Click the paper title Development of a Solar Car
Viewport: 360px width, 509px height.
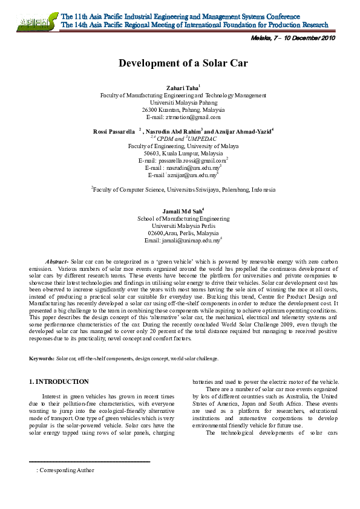click(x=183, y=63)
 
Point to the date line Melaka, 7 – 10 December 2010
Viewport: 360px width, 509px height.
click(x=292, y=38)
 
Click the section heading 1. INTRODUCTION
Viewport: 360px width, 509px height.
click(x=59, y=382)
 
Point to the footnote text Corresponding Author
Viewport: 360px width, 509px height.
click(x=67, y=470)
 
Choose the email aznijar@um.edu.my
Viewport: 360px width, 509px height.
click(x=182, y=175)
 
